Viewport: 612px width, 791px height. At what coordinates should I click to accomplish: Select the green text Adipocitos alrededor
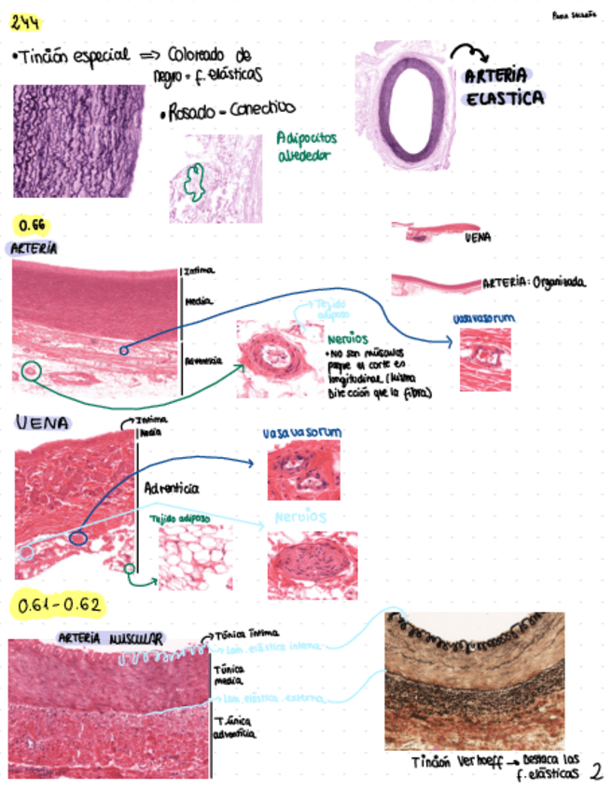coord(306,146)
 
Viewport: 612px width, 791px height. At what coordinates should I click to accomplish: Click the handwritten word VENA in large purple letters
coord(42,423)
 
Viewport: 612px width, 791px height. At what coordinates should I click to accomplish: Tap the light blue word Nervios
coord(300,516)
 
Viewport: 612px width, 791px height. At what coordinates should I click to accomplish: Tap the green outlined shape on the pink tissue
coord(194,181)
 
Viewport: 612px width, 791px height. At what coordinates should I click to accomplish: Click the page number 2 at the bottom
coord(596,771)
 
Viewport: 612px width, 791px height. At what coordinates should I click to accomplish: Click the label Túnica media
coord(228,675)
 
